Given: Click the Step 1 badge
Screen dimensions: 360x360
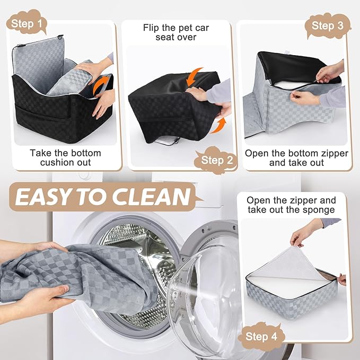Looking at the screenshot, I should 27,23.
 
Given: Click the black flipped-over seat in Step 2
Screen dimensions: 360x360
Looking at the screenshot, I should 170,106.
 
